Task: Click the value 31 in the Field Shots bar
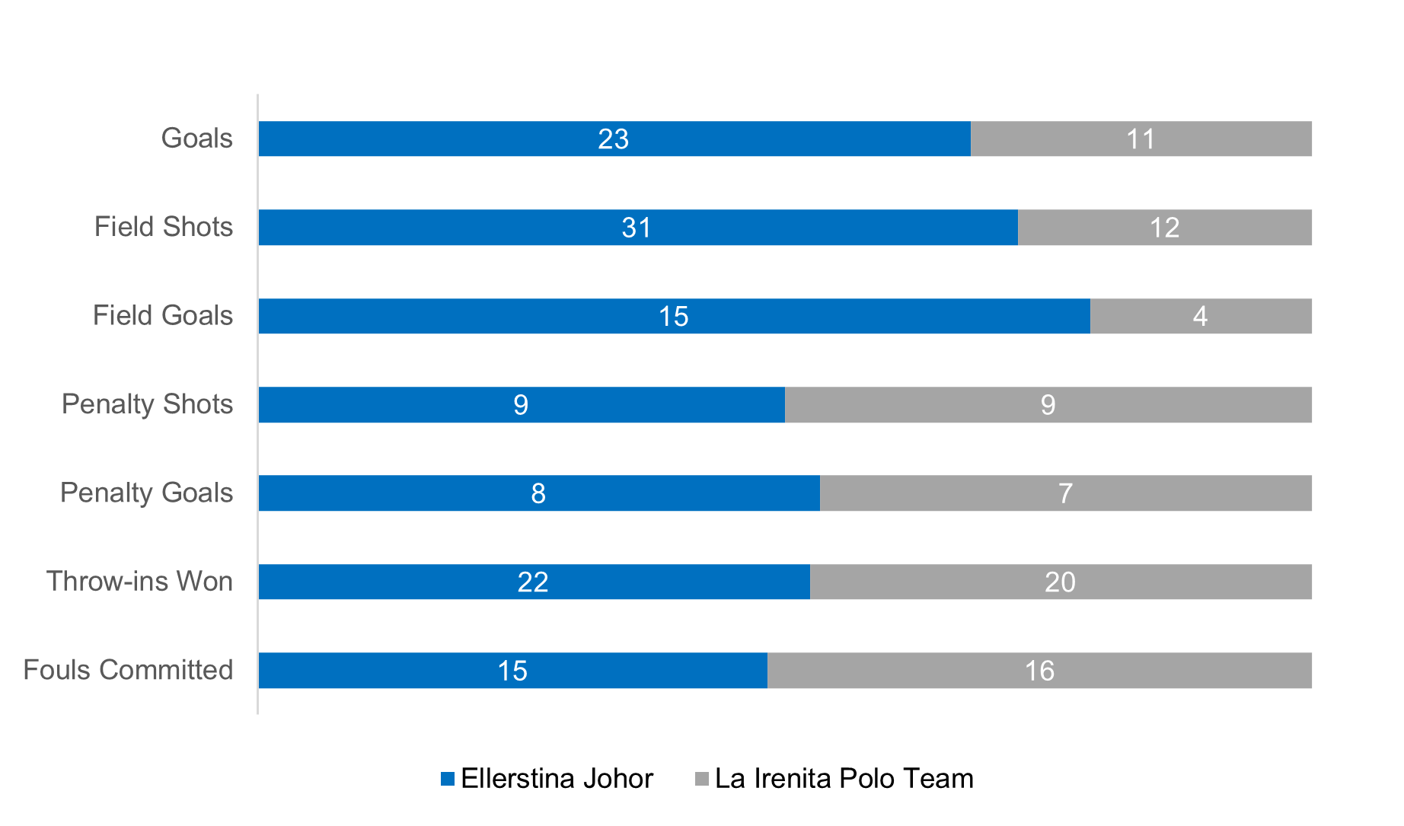[x=637, y=228]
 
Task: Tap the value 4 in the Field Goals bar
[x=1200, y=316]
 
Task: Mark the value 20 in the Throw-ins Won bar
[x=1060, y=582]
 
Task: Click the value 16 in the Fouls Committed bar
[x=1039, y=671]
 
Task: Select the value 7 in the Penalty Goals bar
[x=1065, y=493]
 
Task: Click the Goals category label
[x=196, y=139]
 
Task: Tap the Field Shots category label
[x=163, y=227]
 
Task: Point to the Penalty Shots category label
[x=147, y=404]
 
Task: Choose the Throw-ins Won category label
[x=139, y=582]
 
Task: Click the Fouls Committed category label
[x=128, y=670]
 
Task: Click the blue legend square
[x=448, y=779]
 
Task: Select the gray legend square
[x=702, y=779]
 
